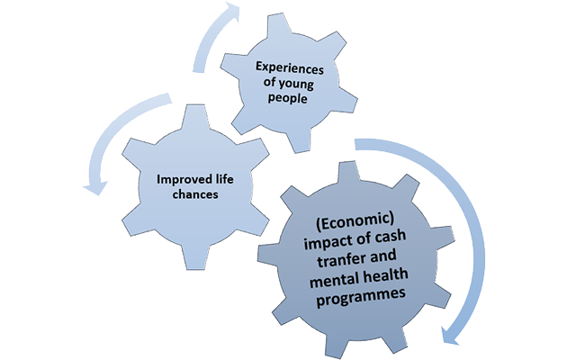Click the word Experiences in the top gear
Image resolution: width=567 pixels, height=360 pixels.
pyautogui.click(x=290, y=68)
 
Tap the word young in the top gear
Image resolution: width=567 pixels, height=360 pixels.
pyautogui.click(x=296, y=85)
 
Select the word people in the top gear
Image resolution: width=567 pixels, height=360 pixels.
pyautogui.click(x=287, y=98)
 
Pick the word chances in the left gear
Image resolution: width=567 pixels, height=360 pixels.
pyautogui.click(x=195, y=194)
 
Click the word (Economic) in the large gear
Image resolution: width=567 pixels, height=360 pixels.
pyautogui.click(x=355, y=221)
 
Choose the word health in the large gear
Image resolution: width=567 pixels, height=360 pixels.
pyautogui.click(x=385, y=276)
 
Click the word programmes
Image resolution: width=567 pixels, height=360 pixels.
pyautogui.click(x=361, y=297)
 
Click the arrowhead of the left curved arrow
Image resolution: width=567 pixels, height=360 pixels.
pyautogui.click(x=95, y=187)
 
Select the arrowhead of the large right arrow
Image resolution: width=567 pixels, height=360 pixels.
pyautogui.click(x=450, y=335)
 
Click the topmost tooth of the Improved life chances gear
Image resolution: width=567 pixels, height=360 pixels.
pyautogui.click(x=195, y=116)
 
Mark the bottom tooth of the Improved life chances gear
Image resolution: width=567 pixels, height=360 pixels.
pyautogui.click(x=195, y=258)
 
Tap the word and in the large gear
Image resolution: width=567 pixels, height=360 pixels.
pyautogui.click(x=382, y=256)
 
